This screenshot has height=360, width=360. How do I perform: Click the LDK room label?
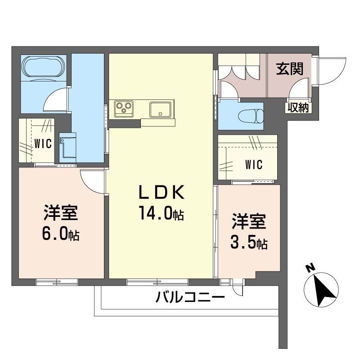(x=161, y=193)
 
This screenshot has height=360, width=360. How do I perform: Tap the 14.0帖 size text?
(x=161, y=214)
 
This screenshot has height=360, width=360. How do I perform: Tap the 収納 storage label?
(x=297, y=108)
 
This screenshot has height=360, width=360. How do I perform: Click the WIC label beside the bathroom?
(x=43, y=143)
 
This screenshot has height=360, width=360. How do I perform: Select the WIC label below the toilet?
(x=253, y=165)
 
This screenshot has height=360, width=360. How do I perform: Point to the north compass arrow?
(x=323, y=288)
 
